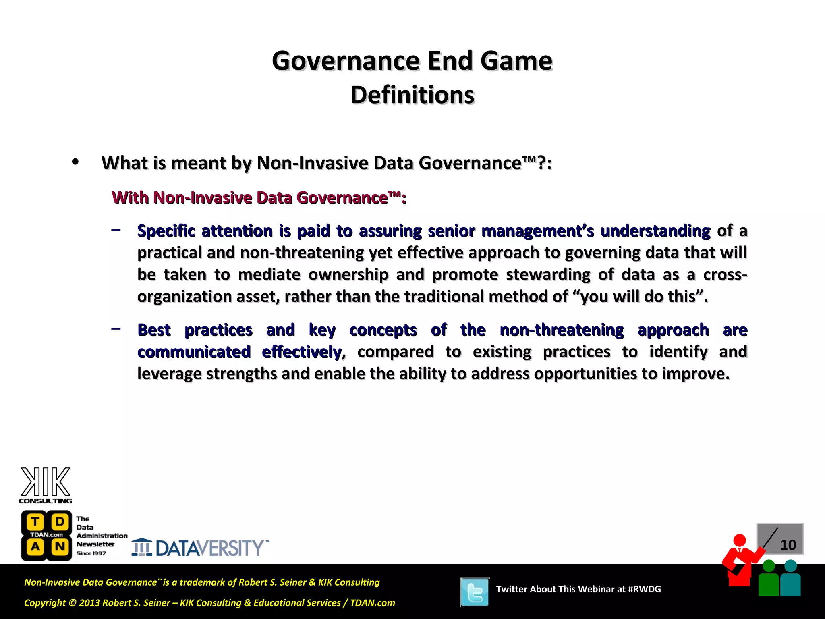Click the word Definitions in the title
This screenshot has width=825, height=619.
[x=412, y=95]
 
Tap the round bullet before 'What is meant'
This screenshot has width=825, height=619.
[x=75, y=162]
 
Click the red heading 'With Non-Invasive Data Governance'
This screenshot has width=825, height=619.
[x=259, y=198]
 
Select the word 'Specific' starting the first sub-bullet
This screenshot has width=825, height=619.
[x=166, y=231]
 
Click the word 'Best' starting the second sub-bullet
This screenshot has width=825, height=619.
[x=154, y=330]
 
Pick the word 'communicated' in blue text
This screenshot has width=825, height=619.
[x=194, y=352]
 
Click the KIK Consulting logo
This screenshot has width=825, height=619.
[x=46, y=485]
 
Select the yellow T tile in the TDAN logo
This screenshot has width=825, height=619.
[x=35, y=522]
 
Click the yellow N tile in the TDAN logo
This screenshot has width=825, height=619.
[x=60, y=547]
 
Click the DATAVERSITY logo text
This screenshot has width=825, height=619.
[x=209, y=548]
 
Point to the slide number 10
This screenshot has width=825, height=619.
[x=788, y=545]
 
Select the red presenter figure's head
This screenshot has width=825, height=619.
[x=739, y=540]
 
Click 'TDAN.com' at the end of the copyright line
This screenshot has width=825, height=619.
[x=373, y=603]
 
